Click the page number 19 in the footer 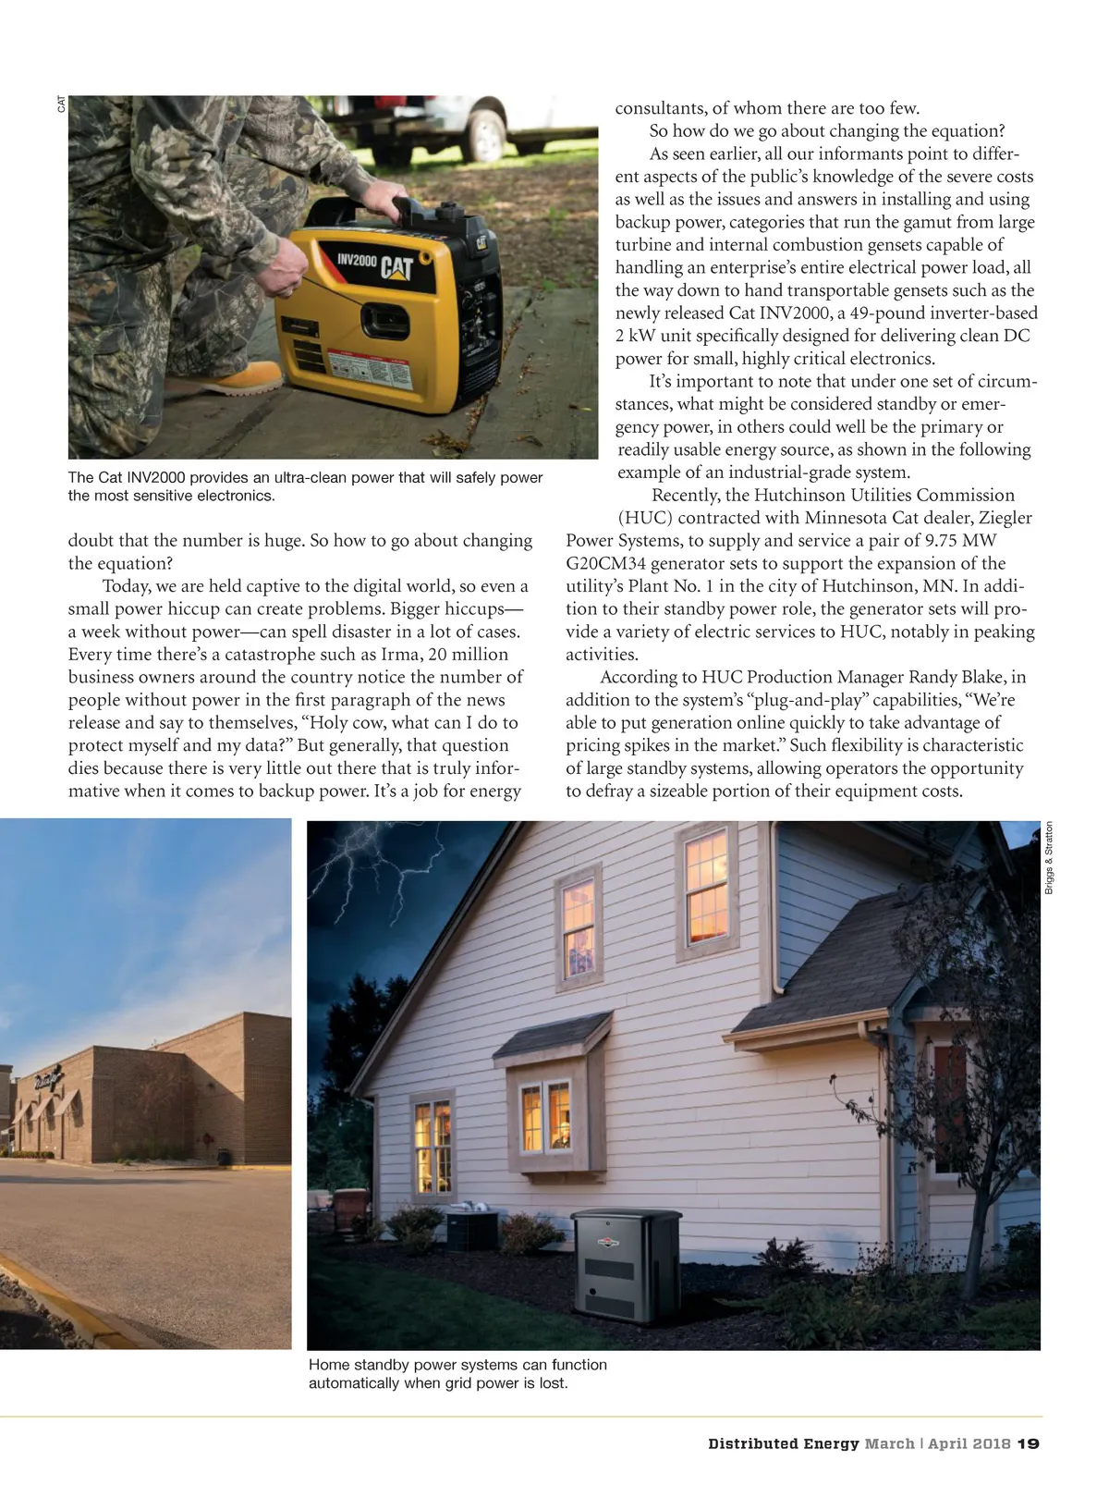[x=1029, y=1442]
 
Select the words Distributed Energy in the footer [x=783, y=1442]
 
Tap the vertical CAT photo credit [x=61, y=104]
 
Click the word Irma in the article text [x=400, y=655]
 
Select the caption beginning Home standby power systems [x=457, y=1373]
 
